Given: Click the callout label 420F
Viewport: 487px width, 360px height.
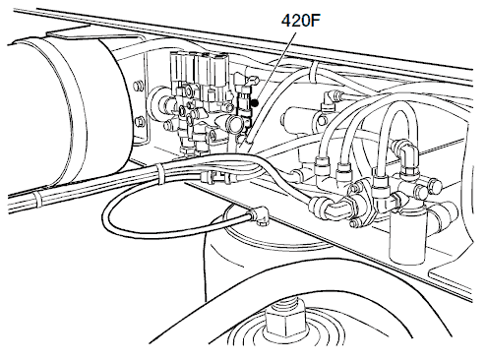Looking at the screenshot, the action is [x=300, y=21].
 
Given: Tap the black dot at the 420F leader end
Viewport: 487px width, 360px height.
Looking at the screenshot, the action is [x=255, y=103].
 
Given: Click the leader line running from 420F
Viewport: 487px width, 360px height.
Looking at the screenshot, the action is [x=275, y=68].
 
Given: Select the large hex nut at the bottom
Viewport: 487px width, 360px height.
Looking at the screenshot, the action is [x=284, y=325].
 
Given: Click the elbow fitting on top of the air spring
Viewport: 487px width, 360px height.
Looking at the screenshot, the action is [x=260, y=214].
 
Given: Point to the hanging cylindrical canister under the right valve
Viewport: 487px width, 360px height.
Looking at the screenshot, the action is [x=406, y=235].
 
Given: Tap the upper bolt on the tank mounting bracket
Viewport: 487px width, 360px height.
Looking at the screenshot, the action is [x=138, y=87].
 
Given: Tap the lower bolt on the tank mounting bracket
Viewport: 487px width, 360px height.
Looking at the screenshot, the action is [x=139, y=120].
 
